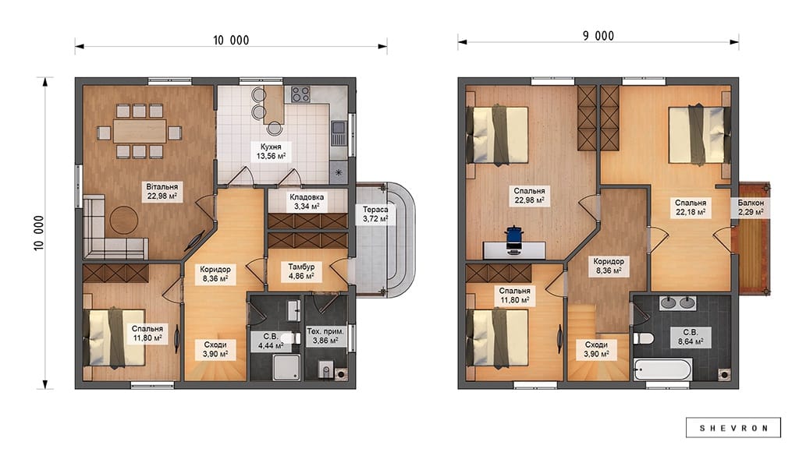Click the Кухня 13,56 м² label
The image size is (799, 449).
pyautogui.click(x=271, y=152)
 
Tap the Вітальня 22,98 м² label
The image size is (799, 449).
pyautogui.click(x=162, y=192)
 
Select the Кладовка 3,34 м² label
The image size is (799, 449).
pyautogui.click(x=307, y=202)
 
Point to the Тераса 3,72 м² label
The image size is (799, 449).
pyautogui.click(x=375, y=214)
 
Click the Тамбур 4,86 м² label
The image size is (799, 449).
pyautogui.click(x=301, y=271)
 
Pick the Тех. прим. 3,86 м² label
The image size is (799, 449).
pyautogui.click(x=325, y=336)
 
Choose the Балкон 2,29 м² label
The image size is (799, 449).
pyautogui.click(x=751, y=207)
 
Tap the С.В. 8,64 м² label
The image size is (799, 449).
pyautogui.click(x=691, y=337)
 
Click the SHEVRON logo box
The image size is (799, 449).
pyautogui.click(x=733, y=428)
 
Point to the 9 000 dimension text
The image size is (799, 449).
pyautogui.click(x=598, y=36)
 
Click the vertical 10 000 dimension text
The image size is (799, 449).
pyautogui.click(x=39, y=233)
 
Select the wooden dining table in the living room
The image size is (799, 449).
pyautogui.click(x=140, y=131)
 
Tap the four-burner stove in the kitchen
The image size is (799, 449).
pyautogui.click(x=300, y=94)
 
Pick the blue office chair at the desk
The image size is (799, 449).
pyautogui.click(x=514, y=239)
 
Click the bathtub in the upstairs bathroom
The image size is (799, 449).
pyautogui.click(x=663, y=369)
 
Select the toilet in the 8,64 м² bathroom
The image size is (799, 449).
pyautogui.click(x=644, y=338)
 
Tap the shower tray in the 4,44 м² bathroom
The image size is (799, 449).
pyautogui.click(x=286, y=367)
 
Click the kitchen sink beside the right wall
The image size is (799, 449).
pyautogui.click(x=338, y=133)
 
